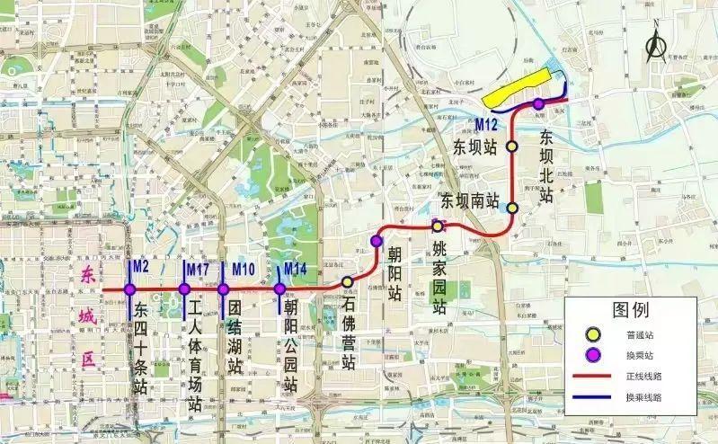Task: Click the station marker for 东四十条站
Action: pos(130,289)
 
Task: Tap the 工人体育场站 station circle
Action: pos(183,289)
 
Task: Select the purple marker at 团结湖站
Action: pos(223,289)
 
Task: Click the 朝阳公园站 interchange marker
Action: pos(279,289)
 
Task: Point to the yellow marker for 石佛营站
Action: pos(347,282)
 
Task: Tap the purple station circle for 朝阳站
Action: pos(376,241)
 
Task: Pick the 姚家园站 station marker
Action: pos(438,226)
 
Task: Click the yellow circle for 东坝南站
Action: pos(512,208)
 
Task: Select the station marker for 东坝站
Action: pos(512,146)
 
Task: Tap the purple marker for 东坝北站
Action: pos(538,104)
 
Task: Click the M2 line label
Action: pos(139,267)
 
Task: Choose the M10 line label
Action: pos(244,267)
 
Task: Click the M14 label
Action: pos(296,267)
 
